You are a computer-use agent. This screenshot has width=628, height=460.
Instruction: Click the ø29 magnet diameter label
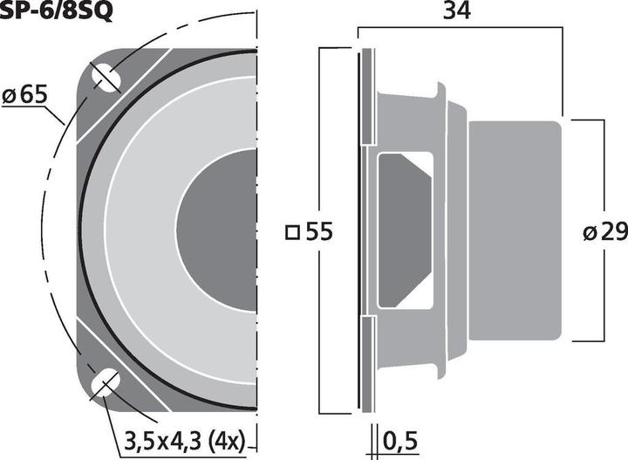coord(604,232)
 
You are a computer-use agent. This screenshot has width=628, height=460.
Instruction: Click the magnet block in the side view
coord(515,230)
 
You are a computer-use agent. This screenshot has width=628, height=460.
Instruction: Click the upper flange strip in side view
coord(366,96)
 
